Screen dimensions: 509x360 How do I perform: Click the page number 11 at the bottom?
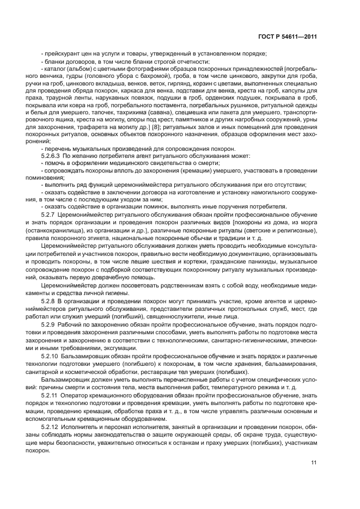click(314, 463)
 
